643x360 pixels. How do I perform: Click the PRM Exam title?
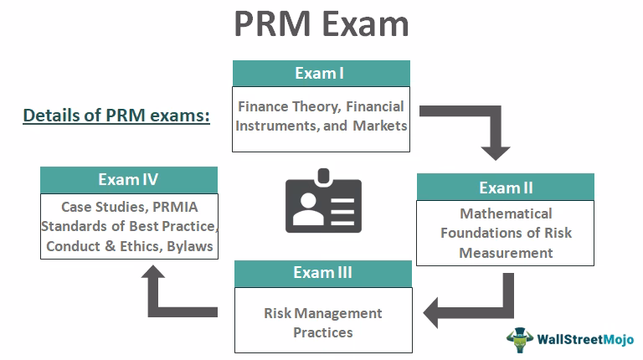321,25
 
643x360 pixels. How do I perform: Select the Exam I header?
319,73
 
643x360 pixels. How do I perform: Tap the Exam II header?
505,187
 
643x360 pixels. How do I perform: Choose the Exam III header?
322,273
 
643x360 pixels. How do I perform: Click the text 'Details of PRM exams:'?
116,116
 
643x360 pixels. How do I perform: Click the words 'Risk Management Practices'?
322,322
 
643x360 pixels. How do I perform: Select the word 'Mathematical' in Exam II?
506,214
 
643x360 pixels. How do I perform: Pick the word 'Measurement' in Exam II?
506,252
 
